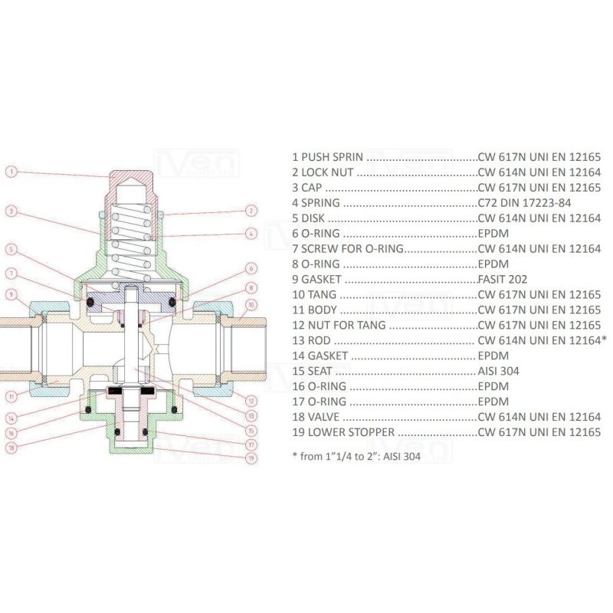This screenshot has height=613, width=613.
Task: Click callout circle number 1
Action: point(11,172)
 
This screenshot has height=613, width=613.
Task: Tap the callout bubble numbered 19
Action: point(250,458)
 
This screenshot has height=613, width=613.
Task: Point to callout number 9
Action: point(11,293)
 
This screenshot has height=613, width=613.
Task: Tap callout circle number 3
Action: point(11,210)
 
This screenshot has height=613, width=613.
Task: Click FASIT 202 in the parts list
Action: point(503,280)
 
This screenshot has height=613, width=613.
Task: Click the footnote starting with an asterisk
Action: point(356,456)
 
